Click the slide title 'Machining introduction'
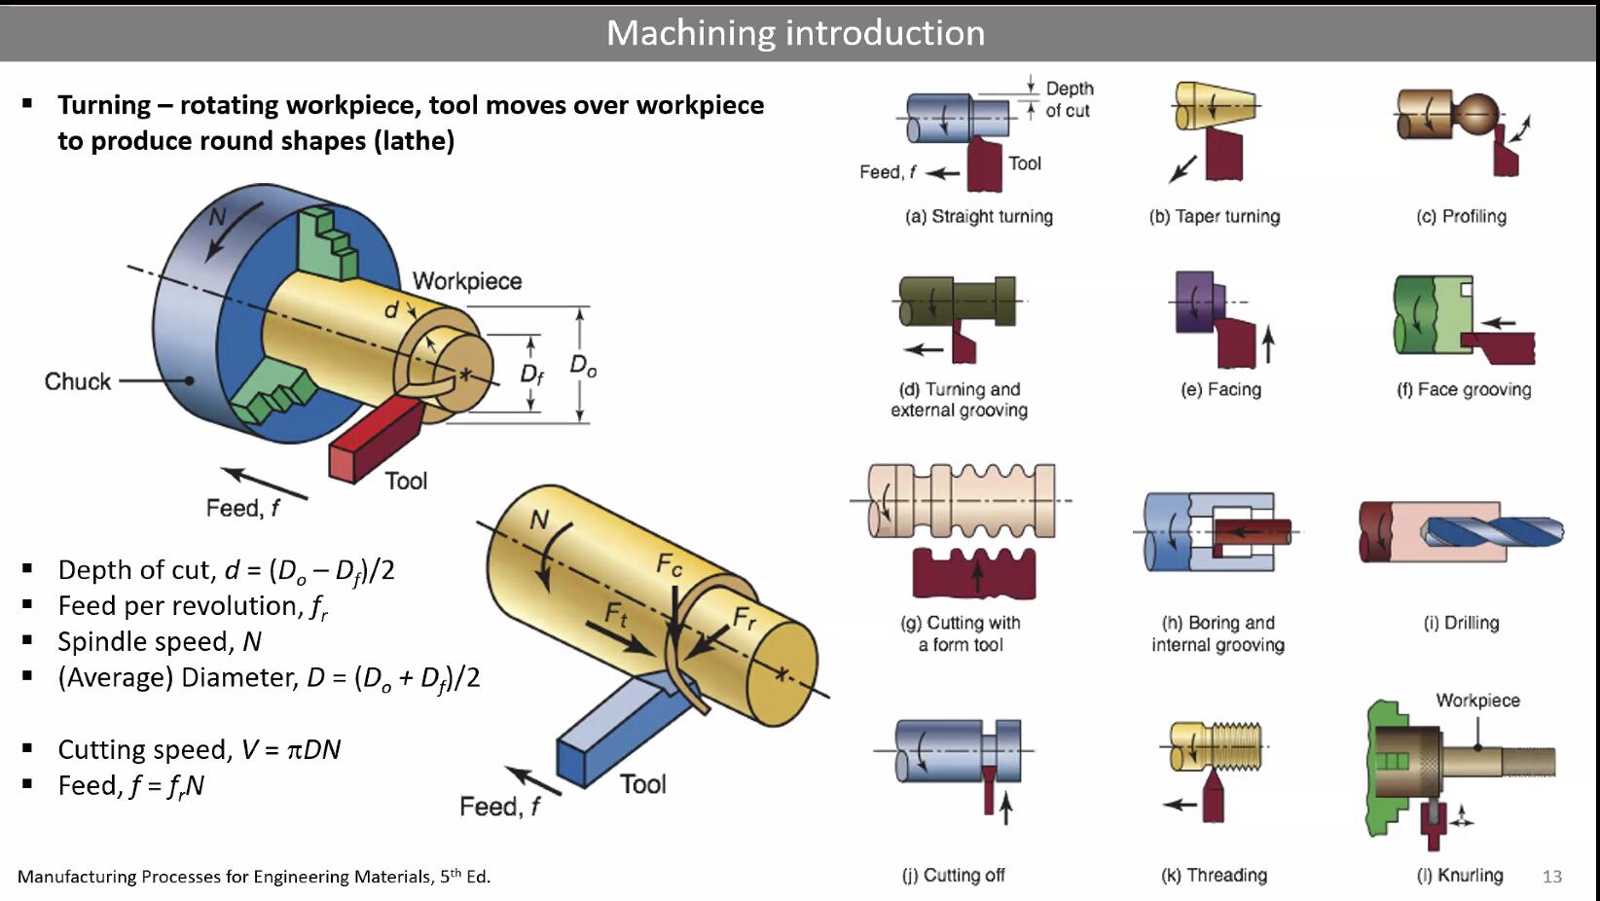pos(795,33)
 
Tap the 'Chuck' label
pos(78,381)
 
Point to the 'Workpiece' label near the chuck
pos(467,281)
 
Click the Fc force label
pos(670,564)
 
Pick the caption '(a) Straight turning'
pos(978,216)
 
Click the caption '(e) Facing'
pos(1220,389)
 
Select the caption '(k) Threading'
pos(1214,875)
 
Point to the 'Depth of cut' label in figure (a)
pos(1068,99)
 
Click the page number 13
pos(1551,877)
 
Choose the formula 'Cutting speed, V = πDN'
pos(199,749)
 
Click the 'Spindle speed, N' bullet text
pos(160,641)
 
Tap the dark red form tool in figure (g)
pos(973,574)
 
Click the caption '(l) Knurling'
pos(1459,875)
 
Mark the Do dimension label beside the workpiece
pos(583,366)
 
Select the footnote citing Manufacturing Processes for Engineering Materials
pos(254,877)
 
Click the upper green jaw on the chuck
pos(327,243)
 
